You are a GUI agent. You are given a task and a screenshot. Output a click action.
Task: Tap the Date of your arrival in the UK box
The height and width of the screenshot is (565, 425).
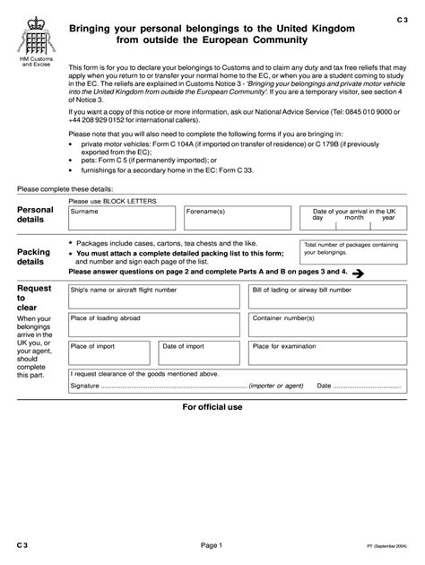coord(353,218)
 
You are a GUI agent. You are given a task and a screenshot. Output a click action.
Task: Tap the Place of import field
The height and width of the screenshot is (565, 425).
coord(111,352)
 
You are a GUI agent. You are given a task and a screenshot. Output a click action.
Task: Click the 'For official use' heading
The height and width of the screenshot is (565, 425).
coord(212,407)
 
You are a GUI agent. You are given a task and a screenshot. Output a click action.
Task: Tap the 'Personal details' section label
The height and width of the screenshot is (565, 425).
coord(36,214)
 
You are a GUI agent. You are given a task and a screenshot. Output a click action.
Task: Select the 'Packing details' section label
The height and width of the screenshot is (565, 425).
coord(34,257)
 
